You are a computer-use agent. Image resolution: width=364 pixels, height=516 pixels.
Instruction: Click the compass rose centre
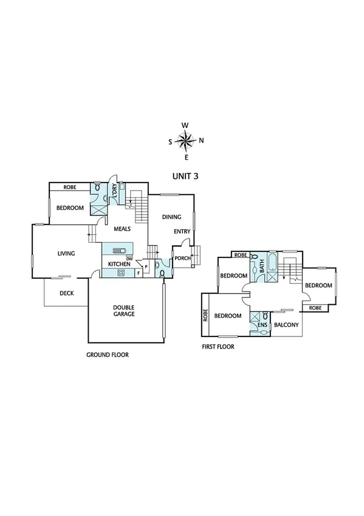click(x=185, y=141)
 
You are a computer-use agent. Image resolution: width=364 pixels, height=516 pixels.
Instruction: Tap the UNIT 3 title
click(x=186, y=173)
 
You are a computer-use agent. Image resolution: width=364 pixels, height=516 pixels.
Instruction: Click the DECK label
click(x=67, y=293)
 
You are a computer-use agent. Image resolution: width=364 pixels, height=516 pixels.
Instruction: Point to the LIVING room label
click(x=66, y=253)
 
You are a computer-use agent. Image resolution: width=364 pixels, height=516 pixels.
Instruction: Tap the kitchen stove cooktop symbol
click(x=121, y=272)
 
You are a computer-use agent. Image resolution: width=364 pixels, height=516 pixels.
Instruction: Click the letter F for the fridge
click(x=139, y=273)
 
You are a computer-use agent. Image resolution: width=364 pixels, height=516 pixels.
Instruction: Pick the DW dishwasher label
click(x=129, y=258)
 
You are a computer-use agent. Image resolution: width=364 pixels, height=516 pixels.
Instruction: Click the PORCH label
click(x=182, y=258)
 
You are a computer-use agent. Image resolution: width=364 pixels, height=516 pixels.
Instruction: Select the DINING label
click(x=171, y=216)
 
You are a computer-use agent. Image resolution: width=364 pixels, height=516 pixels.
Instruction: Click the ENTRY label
click(x=182, y=231)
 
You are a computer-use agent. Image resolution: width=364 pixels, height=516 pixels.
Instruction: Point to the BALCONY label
click(x=286, y=325)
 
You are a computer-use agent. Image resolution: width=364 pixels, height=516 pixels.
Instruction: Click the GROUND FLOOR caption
click(x=108, y=354)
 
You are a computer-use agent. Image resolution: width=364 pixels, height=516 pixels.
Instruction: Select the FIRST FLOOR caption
click(x=218, y=346)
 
